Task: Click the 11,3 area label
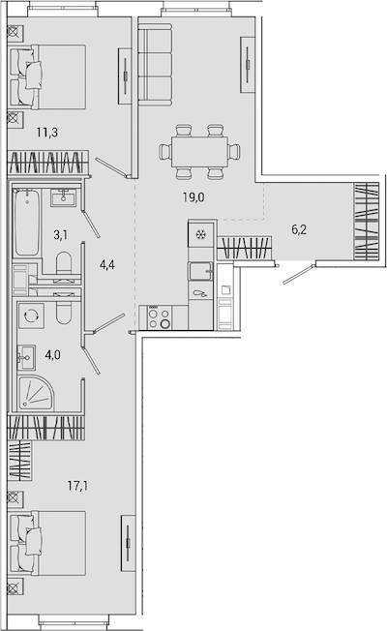(x=47, y=132)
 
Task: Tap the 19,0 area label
(x=193, y=197)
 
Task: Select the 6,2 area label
(x=299, y=229)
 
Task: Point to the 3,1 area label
(x=60, y=234)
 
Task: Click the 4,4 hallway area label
(x=107, y=265)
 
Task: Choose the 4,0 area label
(x=53, y=355)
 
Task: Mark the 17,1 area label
(x=77, y=486)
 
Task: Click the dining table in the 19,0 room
(x=199, y=152)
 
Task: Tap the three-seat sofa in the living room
(x=155, y=65)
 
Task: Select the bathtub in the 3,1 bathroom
(x=27, y=223)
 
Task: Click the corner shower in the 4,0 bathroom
(x=36, y=394)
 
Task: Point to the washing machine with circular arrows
(x=31, y=315)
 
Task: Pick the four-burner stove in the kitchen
(x=160, y=317)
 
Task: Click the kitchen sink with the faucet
(x=200, y=271)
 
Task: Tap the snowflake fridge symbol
(x=200, y=234)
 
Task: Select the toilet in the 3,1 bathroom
(x=64, y=264)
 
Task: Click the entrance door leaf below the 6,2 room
(x=299, y=275)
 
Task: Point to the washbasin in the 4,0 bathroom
(x=26, y=357)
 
